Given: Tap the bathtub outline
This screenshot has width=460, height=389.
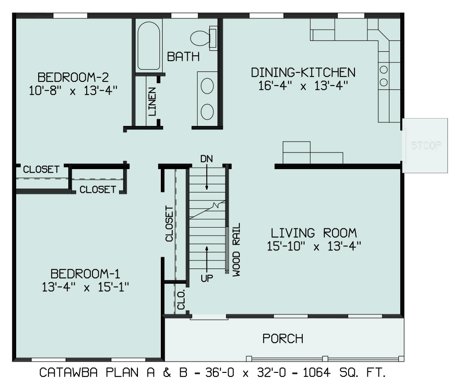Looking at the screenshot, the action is point(138,45).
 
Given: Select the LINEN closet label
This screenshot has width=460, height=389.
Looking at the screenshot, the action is point(152,101).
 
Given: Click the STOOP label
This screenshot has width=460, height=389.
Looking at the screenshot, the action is point(426,145).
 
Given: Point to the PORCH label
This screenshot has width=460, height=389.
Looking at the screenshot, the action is point(283,339).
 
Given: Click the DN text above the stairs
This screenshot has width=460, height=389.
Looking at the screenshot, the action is point(207,159).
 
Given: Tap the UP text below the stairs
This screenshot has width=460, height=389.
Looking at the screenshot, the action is point(207,278).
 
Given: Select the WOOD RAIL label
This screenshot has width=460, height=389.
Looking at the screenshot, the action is point(236,250).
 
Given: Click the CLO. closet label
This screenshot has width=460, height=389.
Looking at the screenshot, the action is point(181,300).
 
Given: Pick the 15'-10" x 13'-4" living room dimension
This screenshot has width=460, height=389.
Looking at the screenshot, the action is point(314,246).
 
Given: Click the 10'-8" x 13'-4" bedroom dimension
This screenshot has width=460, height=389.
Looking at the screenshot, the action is point(73,90).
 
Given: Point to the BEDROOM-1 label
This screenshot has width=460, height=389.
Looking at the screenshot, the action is point(85,273).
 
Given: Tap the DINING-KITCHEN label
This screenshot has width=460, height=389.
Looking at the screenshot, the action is point(303,72).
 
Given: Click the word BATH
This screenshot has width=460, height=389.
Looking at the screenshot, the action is point(183,57).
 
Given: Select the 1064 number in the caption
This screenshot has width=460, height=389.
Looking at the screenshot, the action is point(317,372).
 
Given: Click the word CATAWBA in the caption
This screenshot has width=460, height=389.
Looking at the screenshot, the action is point(68,372).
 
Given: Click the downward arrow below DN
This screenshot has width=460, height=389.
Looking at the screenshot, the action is point(207,177).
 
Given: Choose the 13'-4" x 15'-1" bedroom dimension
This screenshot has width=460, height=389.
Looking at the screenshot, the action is point(85,287).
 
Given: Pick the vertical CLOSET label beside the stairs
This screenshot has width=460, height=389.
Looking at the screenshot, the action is point(169,224).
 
